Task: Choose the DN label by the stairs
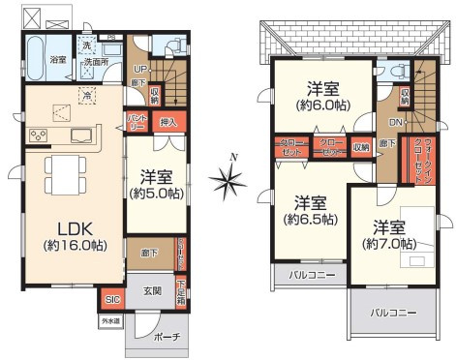[398, 123]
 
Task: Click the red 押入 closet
[167, 121]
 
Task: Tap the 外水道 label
[109, 321]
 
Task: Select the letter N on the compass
[232, 157]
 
